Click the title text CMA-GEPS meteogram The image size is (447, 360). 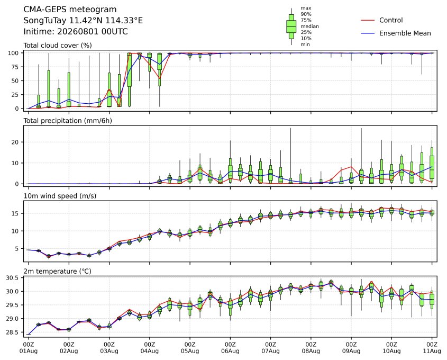point(70,10)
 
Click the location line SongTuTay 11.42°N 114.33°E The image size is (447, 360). point(83,21)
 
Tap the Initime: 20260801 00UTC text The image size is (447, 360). point(76,31)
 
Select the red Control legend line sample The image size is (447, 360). point(368,20)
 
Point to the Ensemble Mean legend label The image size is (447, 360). point(405,33)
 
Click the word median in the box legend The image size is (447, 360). point(309,26)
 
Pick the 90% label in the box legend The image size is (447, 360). point(306,14)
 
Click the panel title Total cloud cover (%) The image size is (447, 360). point(58,46)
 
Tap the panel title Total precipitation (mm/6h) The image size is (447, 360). point(68,121)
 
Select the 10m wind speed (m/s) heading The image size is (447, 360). point(60,196)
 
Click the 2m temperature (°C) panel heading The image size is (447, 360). point(57,271)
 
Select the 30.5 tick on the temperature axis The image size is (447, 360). point(12,278)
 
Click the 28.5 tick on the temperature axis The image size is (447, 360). point(12,332)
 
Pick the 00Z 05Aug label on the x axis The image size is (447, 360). point(190,348)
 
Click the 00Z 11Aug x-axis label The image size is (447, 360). point(432,348)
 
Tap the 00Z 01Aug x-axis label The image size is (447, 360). point(29,348)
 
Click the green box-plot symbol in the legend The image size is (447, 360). point(291,26)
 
